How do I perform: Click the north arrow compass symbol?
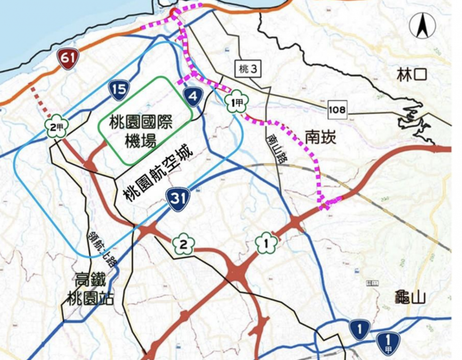[422, 26]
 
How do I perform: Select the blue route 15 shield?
[119, 89]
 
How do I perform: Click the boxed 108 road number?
[337, 110]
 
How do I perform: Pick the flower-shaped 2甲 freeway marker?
[56, 126]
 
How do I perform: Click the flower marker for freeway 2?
[184, 245]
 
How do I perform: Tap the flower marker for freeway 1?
[266, 244]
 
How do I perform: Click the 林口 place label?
[412, 76]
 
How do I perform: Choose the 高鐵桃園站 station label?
[90, 289]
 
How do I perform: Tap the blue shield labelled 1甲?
[388, 344]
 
